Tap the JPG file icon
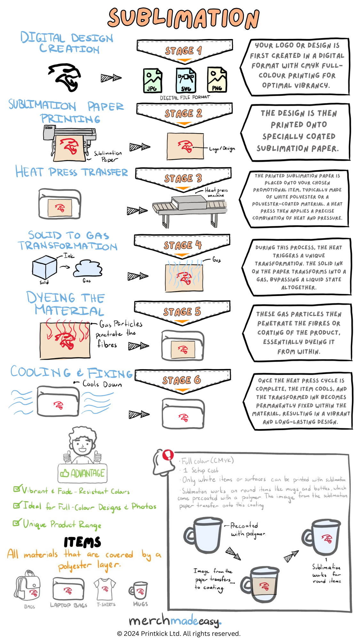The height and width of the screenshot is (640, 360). pos(152,81)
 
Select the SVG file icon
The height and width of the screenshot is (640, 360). pos(186,81)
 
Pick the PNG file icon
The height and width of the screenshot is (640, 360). pos(217,80)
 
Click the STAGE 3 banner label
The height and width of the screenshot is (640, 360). pos(183,178)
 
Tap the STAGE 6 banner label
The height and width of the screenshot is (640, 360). pos(181,380)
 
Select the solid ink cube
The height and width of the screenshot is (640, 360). pos(44,267)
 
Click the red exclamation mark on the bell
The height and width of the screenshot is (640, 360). pos(168,455)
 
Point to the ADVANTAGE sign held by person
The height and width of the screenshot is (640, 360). pos(83,473)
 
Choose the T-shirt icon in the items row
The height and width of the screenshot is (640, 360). pos(105,589)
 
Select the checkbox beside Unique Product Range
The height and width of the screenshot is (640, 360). pos(16,523)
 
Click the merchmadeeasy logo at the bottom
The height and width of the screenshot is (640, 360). pos(175,621)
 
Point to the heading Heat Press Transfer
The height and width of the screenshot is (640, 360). pos(72,172)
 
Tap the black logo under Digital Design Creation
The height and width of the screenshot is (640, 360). pos(66,77)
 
